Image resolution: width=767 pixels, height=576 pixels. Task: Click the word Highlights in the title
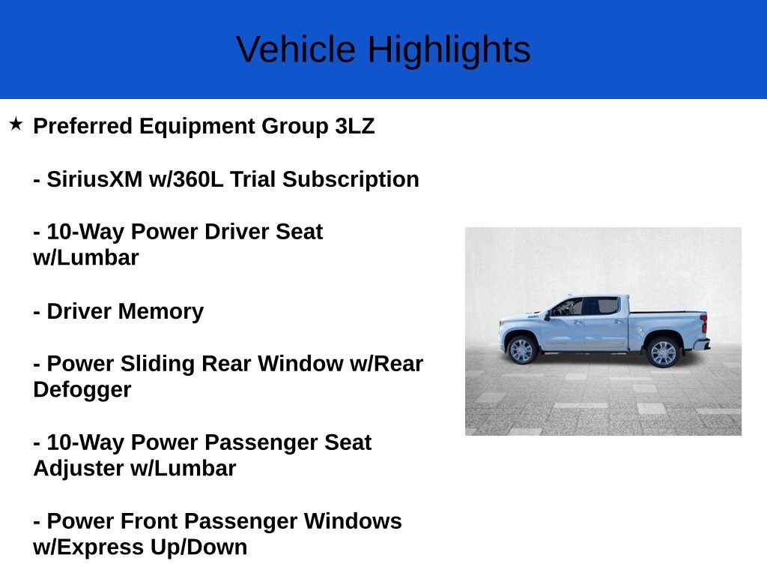pos(449,50)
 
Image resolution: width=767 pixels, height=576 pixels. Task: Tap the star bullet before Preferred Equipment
pos(16,124)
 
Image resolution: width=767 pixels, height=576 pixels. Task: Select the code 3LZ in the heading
pos(354,126)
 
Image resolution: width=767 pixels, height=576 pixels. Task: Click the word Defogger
pos(82,390)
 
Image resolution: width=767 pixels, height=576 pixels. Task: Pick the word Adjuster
pos(77,469)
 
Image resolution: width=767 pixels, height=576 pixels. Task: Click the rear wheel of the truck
pos(662,352)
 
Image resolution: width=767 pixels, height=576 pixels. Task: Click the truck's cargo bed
pos(667,322)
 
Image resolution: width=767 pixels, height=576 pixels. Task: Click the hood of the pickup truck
pos(521,319)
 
